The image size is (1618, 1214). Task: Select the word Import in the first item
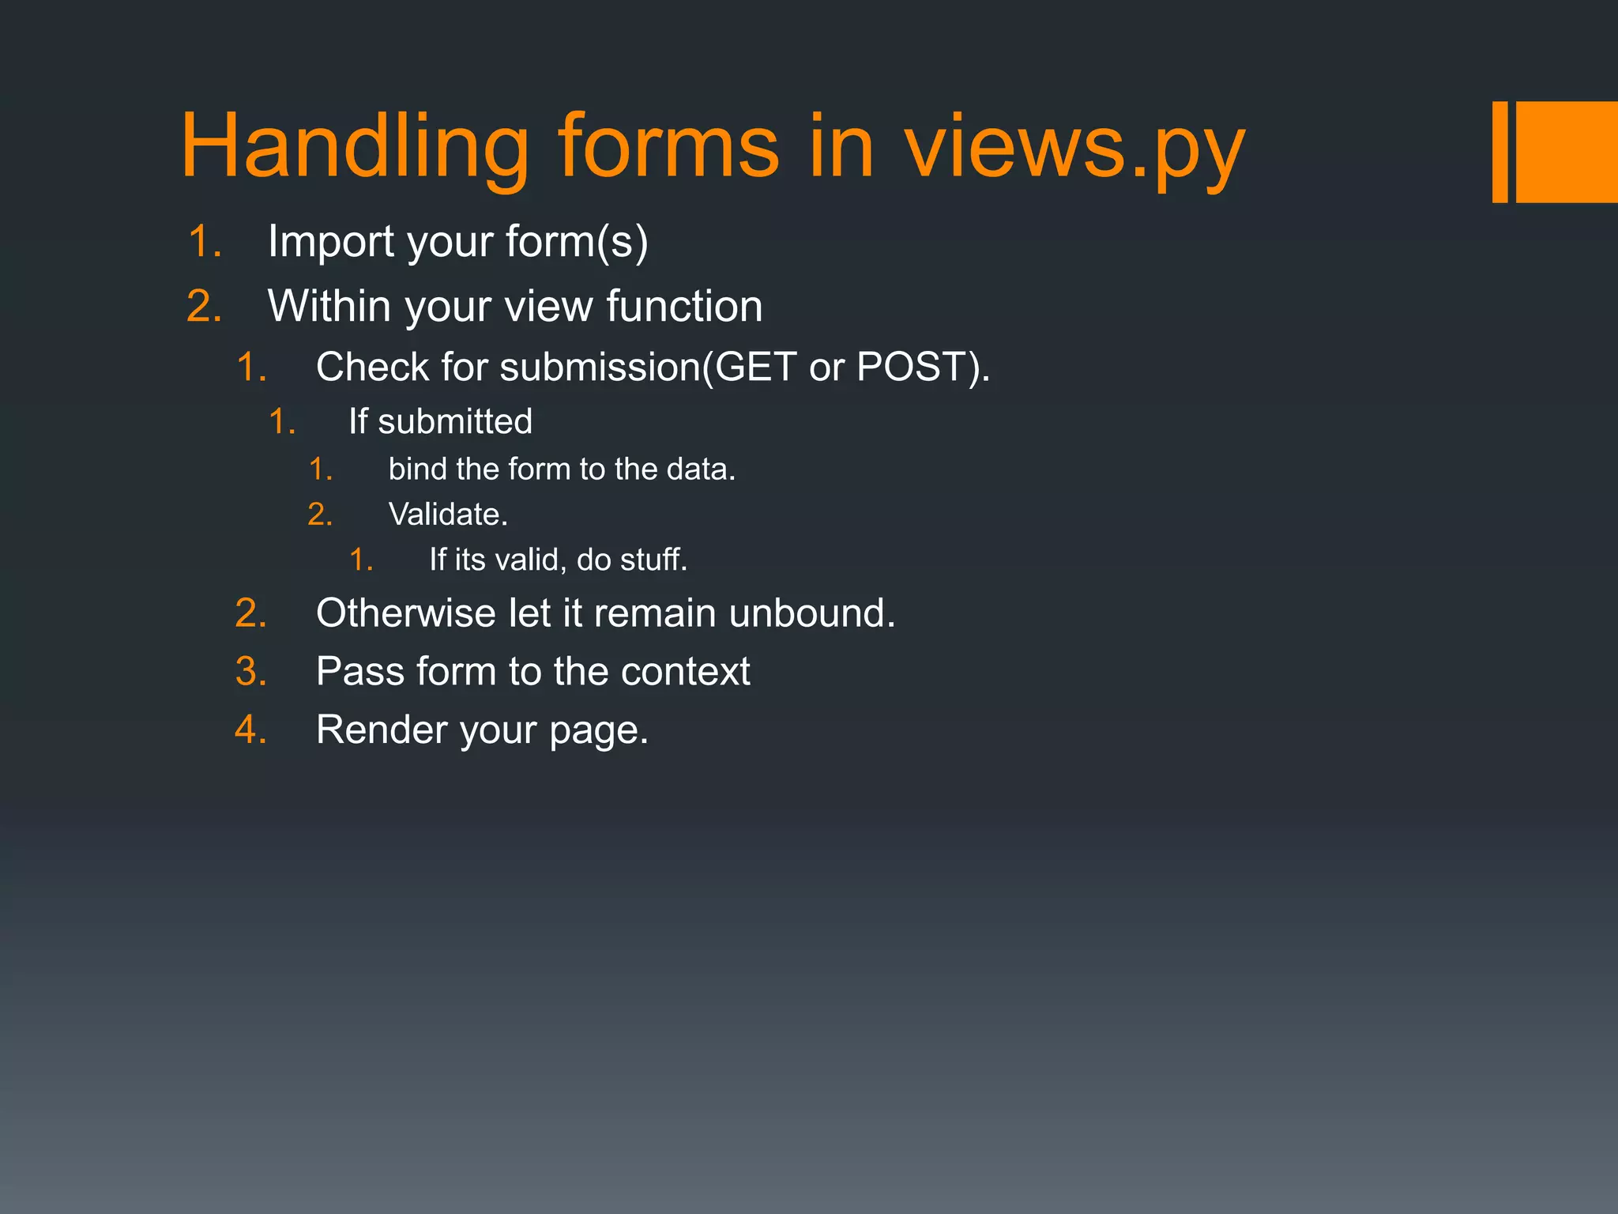[331, 241]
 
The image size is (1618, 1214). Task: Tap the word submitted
[455, 421]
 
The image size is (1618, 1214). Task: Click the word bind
[417, 469]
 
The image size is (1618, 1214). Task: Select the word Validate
[447, 515]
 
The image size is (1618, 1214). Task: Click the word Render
[382, 730]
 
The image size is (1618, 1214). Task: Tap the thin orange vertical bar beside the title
[1499, 152]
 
